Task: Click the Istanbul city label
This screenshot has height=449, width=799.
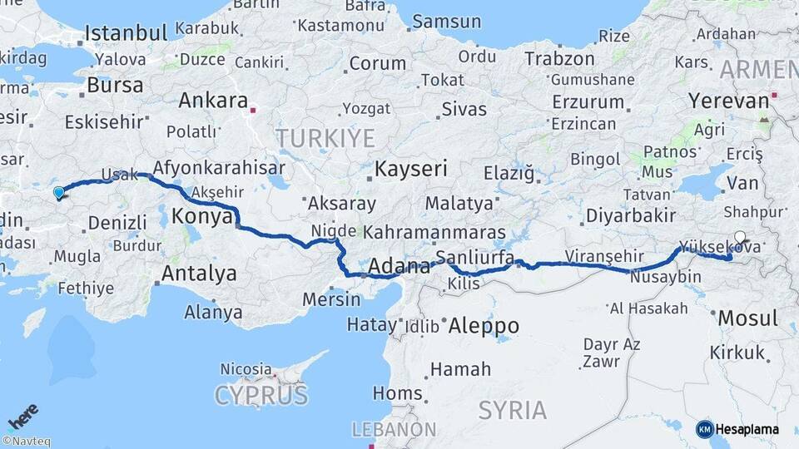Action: (x=127, y=34)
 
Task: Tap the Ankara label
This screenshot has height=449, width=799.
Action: (x=213, y=101)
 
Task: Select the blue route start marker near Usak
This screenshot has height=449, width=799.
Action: (x=58, y=194)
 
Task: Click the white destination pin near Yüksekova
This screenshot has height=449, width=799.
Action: (x=739, y=237)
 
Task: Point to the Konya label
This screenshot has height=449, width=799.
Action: (x=201, y=217)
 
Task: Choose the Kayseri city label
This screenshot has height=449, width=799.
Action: (x=410, y=169)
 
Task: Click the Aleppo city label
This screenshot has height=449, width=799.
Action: (x=483, y=325)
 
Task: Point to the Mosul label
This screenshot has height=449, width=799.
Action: (x=747, y=318)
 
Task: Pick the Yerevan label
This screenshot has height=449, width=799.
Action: (x=728, y=101)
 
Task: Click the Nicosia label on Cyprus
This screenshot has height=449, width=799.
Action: (x=246, y=368)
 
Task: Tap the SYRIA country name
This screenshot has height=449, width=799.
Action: (x=512, y=410)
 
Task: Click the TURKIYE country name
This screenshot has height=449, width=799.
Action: (x=325, y=138)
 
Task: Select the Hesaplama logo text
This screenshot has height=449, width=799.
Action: (x=747, y=429)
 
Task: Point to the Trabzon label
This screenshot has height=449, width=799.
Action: (x=559, y=60)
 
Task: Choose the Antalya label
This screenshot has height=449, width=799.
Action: (x=199, y=273)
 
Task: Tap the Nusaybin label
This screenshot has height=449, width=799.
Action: (x=659, y=276)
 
